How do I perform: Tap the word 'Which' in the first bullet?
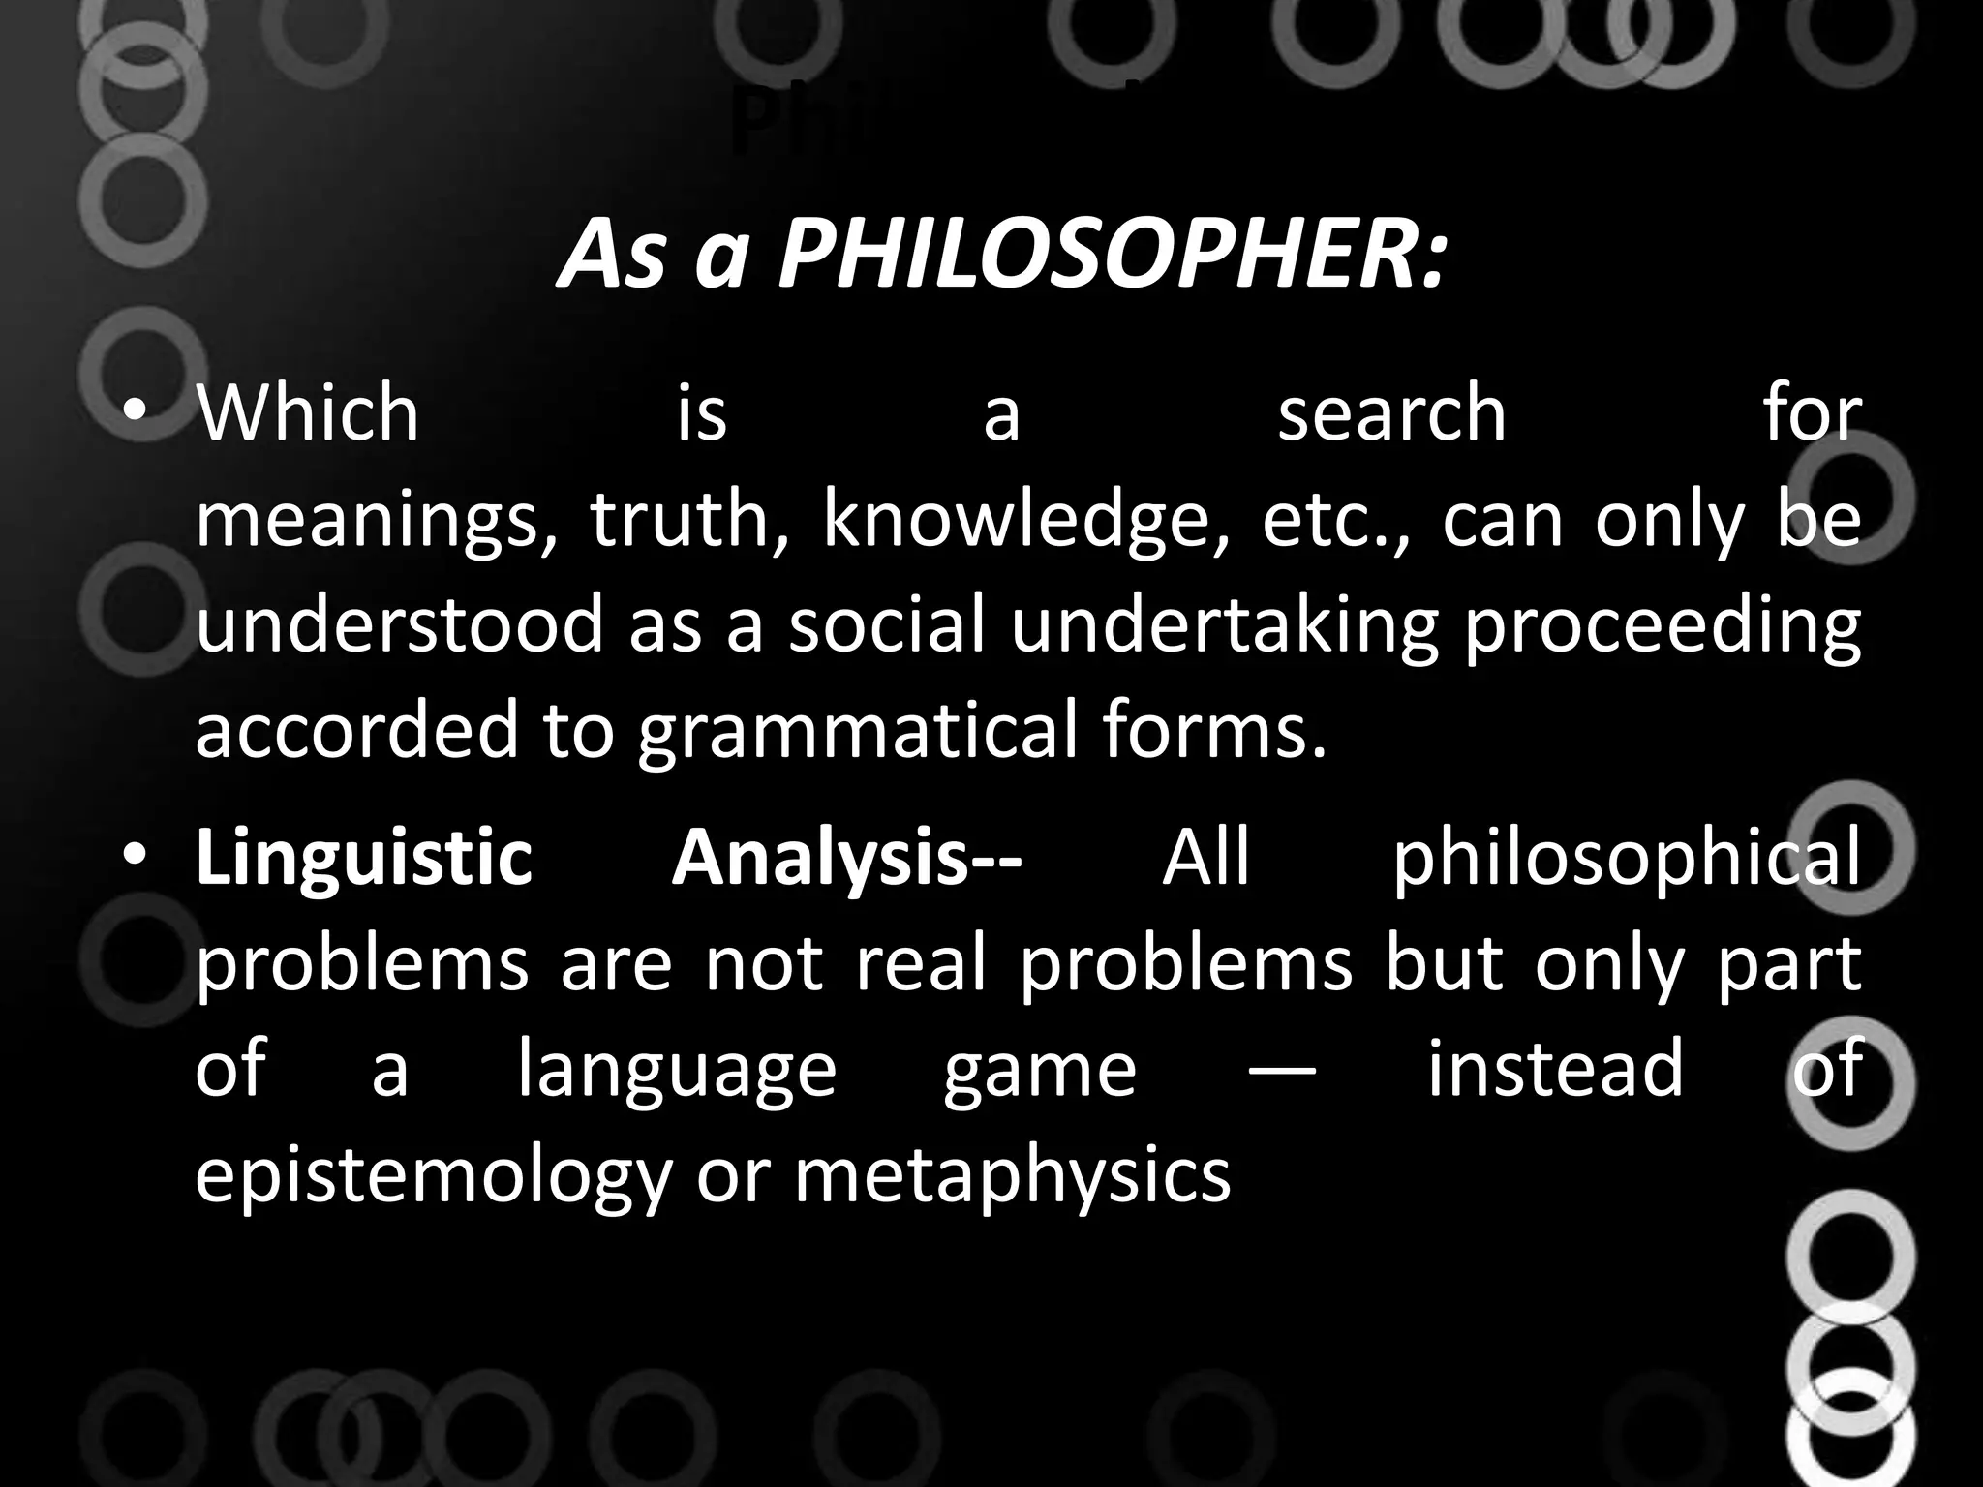coord(308,413)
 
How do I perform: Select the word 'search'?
coord(1391,413)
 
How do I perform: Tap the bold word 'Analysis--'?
coord(846,860)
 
